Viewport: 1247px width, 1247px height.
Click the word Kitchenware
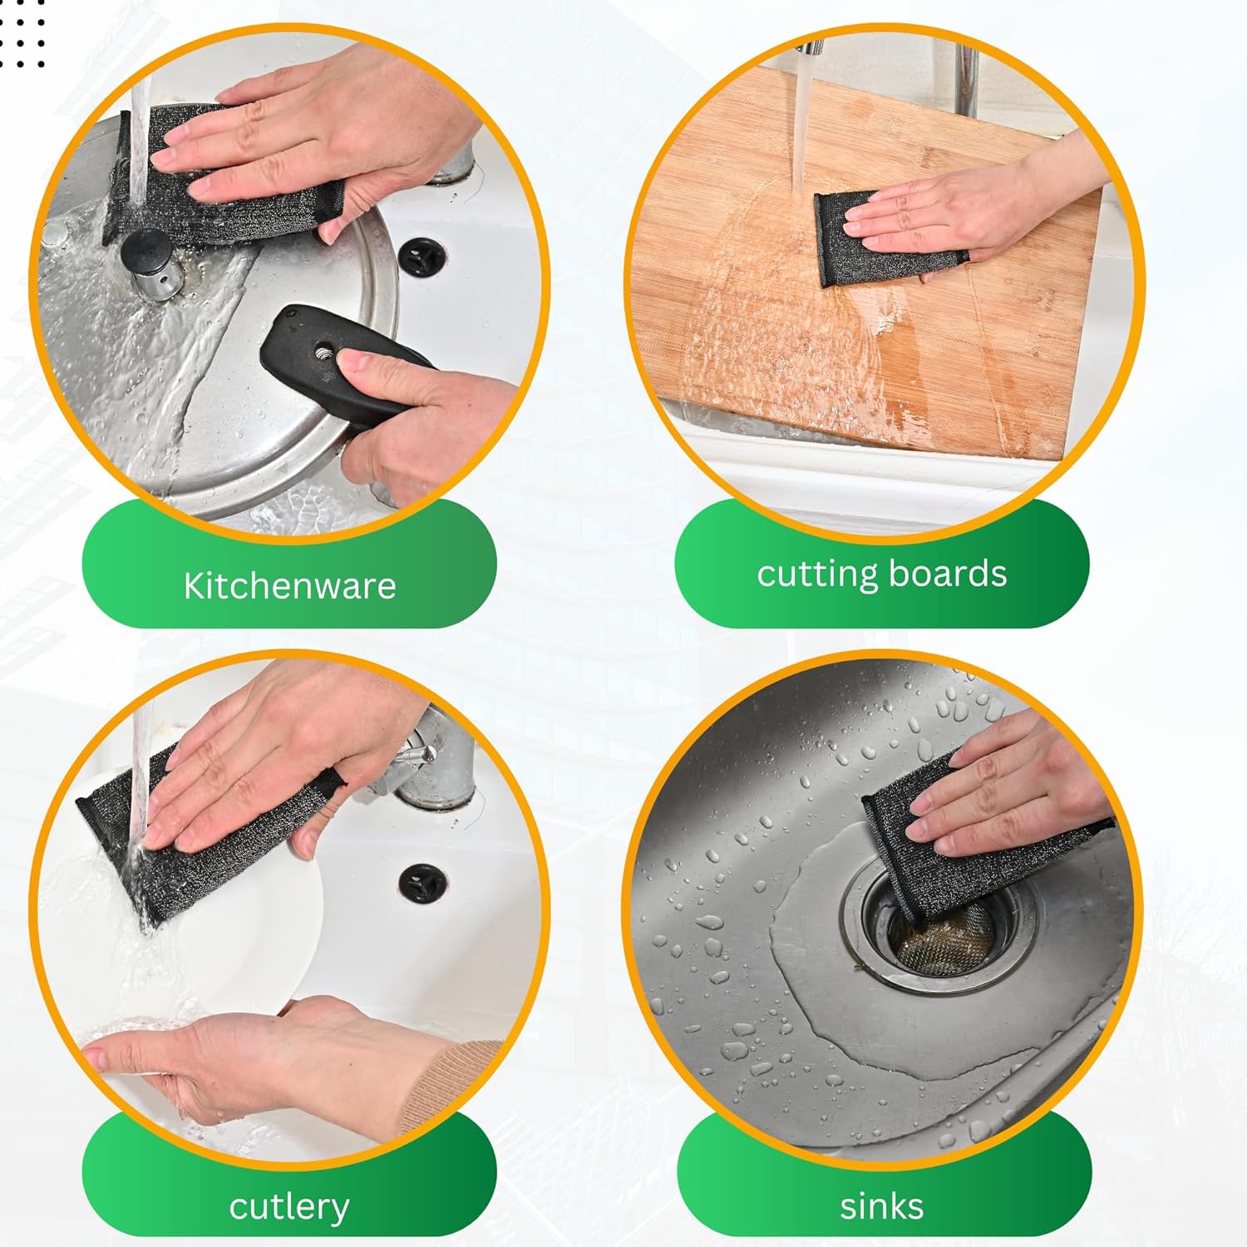coord(289,586)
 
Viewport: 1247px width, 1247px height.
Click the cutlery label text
coord(289,1207)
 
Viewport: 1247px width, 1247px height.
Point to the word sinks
coord(881,1206)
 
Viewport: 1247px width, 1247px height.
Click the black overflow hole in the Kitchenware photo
coord(422,256)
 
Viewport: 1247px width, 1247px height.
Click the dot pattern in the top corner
coord(22,33)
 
